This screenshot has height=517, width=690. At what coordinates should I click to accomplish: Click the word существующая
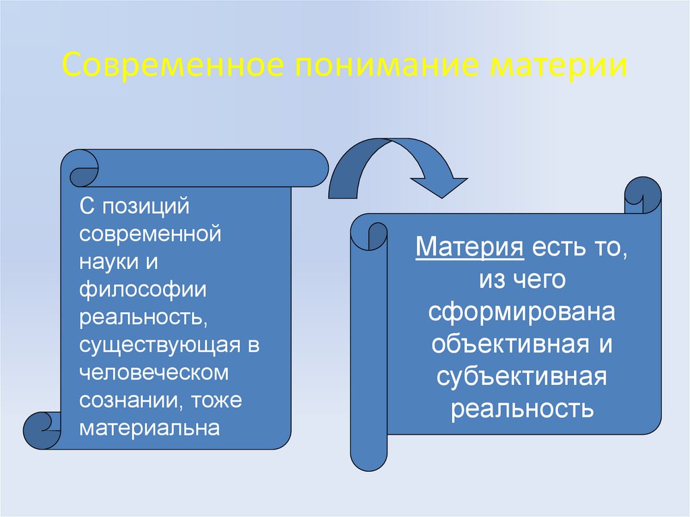pos(159,345)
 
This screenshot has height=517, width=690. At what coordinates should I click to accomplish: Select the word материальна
pos(150,428)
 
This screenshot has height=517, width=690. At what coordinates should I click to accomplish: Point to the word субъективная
pos(522,375)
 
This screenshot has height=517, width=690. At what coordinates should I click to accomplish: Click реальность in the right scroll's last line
pos(522,408)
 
